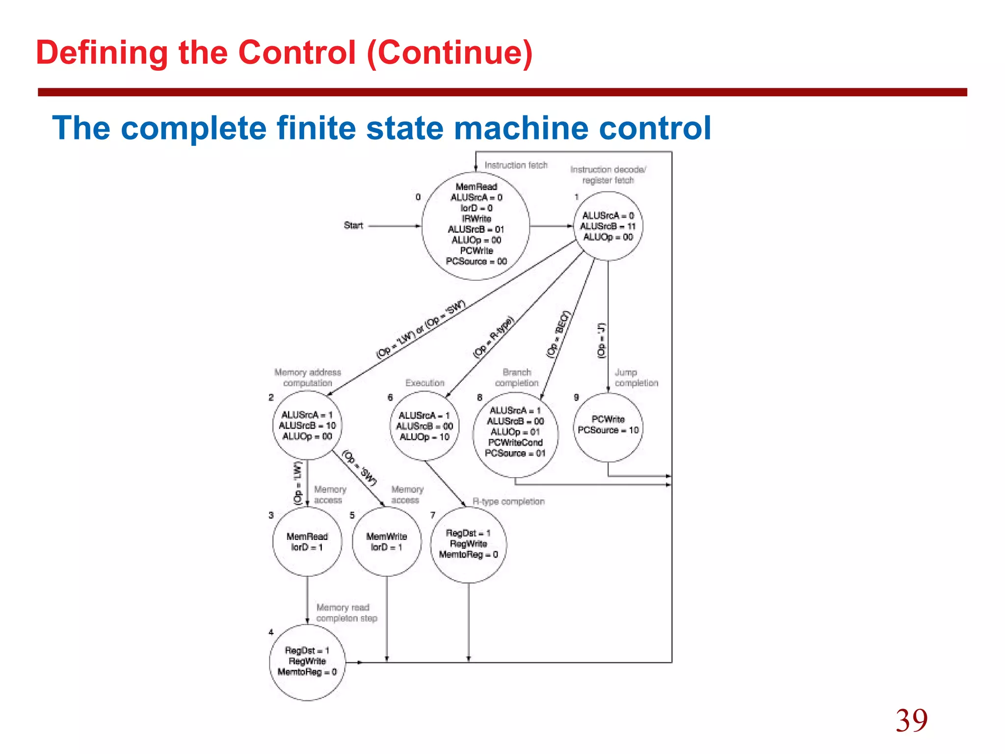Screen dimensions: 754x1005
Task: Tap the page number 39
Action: pyautogui.click(x=911, y=721)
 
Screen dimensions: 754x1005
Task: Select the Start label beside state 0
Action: pyautogui.click(x=353, y=225)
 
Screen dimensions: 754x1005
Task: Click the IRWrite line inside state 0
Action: pyautogui.click(x=476, y=218)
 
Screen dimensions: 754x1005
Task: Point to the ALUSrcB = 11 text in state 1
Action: pyautogui.click(x=608, y=226)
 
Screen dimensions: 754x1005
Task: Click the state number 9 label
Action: pyautogui.click(x=576, y=397)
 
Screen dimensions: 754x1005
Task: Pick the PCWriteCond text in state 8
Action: pyautogui.click(x=515, y=442)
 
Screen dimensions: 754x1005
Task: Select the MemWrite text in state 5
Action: pyautogui.click(x=387, y=537)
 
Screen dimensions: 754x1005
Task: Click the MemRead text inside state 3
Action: pyautogui.click(x=307, y=537)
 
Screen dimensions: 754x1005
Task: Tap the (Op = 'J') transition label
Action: pyautogui.click(x=602, y=340)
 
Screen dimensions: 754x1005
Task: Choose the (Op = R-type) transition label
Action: pyautogui.click(x=493, y=337)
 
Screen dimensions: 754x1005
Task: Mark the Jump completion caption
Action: pyautogui.click(x=636, y=377)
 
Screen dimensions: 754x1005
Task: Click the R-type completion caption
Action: pyautogui.click(x=508, y=502)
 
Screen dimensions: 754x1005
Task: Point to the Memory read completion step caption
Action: pyautogui.click(x=346, y=613)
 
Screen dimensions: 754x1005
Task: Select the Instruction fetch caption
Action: pyautogui.click(x=516, y=165)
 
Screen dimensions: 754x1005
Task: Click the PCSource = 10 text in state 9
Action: pyautogui.click(x=608, y=430)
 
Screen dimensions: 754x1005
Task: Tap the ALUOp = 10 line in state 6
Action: pyautogui.click(x=424, y=437)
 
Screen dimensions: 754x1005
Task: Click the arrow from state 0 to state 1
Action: pyautogui.click(x=552, y=226)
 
